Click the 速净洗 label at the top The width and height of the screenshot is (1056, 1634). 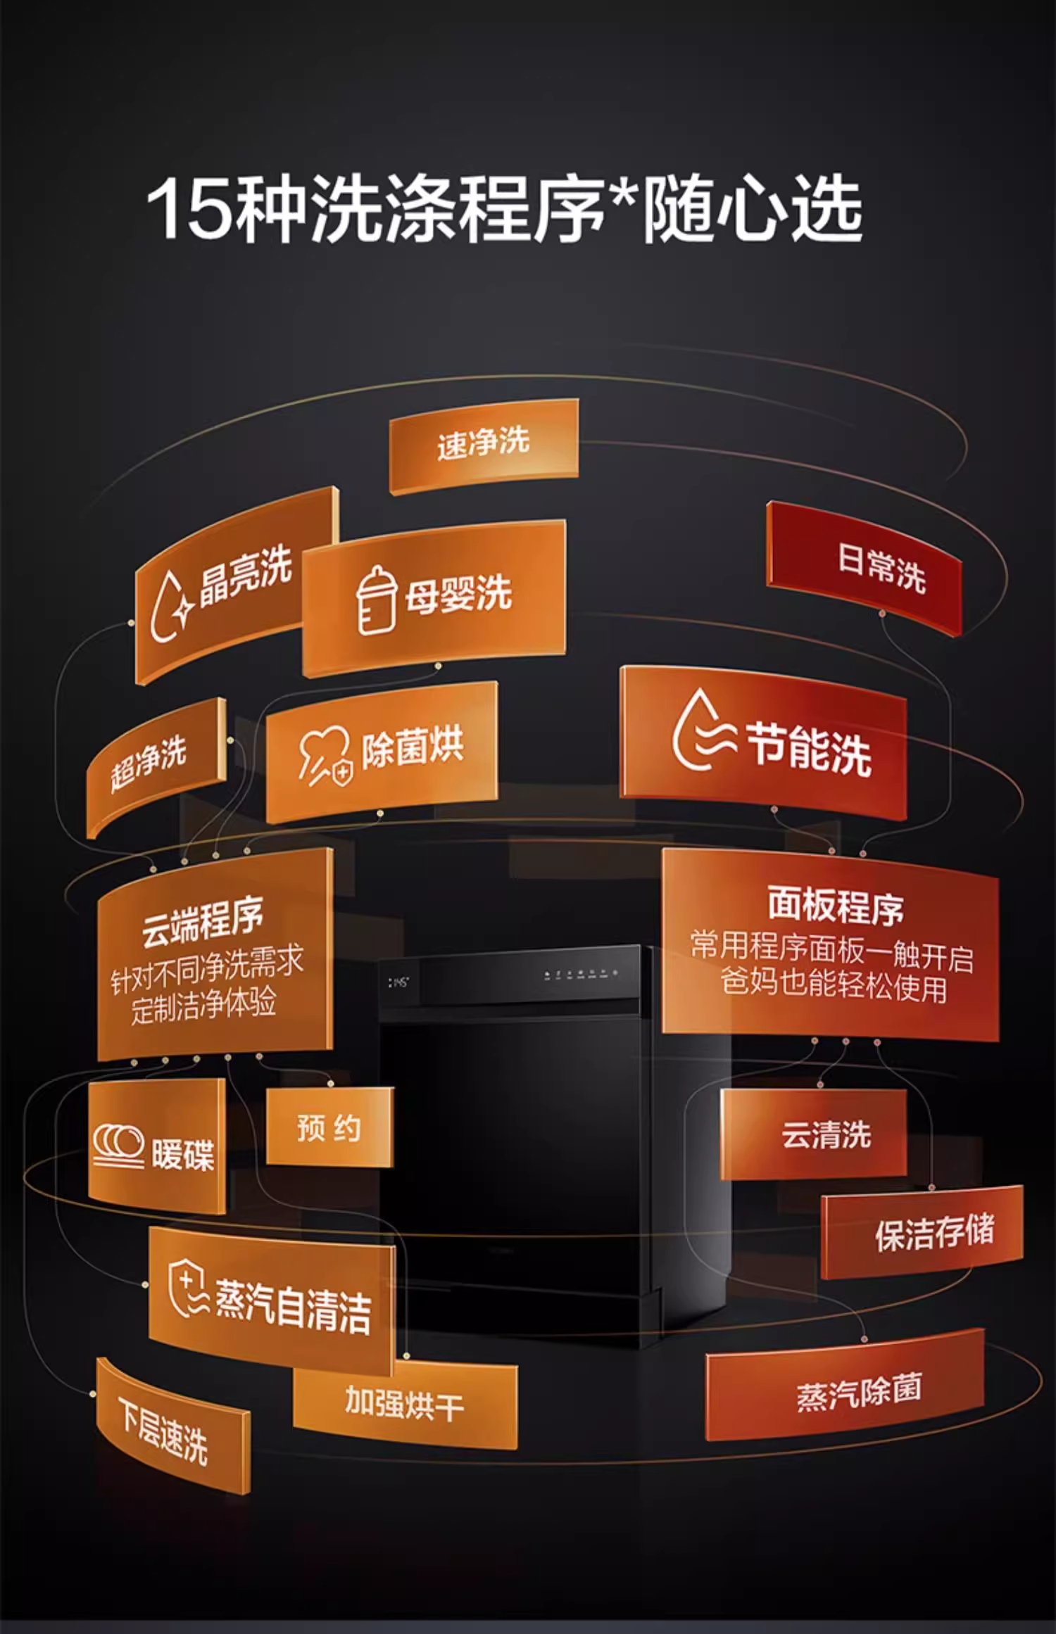483,443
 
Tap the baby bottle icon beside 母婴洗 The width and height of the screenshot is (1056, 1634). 376,600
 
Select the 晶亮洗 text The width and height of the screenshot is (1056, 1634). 246,576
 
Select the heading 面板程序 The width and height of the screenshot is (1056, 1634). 835,905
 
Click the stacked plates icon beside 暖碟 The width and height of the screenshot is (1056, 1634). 118,1146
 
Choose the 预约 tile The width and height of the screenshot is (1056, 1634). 329,1127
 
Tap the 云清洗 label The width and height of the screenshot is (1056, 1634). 826,1135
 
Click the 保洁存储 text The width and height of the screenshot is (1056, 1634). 935,1234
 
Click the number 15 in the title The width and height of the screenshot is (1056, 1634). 189,210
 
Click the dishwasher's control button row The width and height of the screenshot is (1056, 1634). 581,974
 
